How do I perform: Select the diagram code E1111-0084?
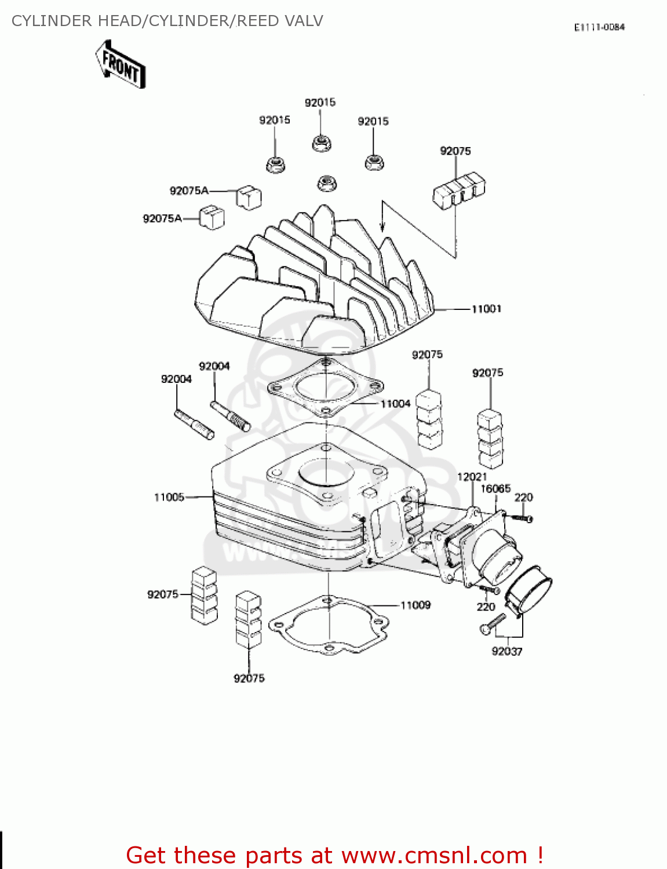click(x=599, y=27)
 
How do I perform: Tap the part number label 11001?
click(x=486, y=309)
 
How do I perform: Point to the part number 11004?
click(x=395, y=403)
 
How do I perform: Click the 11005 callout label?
click(x=169, y=497)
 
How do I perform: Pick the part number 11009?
click(x=415, y=605)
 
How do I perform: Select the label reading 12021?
click(x=472, y=477)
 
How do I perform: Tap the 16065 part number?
click(x=495, y=488)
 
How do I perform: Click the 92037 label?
click(x=507, y=651)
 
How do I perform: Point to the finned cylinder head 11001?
click(x=313, y=284)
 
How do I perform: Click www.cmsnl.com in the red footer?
click(x=434, y=855)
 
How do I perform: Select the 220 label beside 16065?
click(x=523, y=497)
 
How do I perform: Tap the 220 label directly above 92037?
click(x=486, y=607)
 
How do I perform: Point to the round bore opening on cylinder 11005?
click(x=326, y=472)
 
